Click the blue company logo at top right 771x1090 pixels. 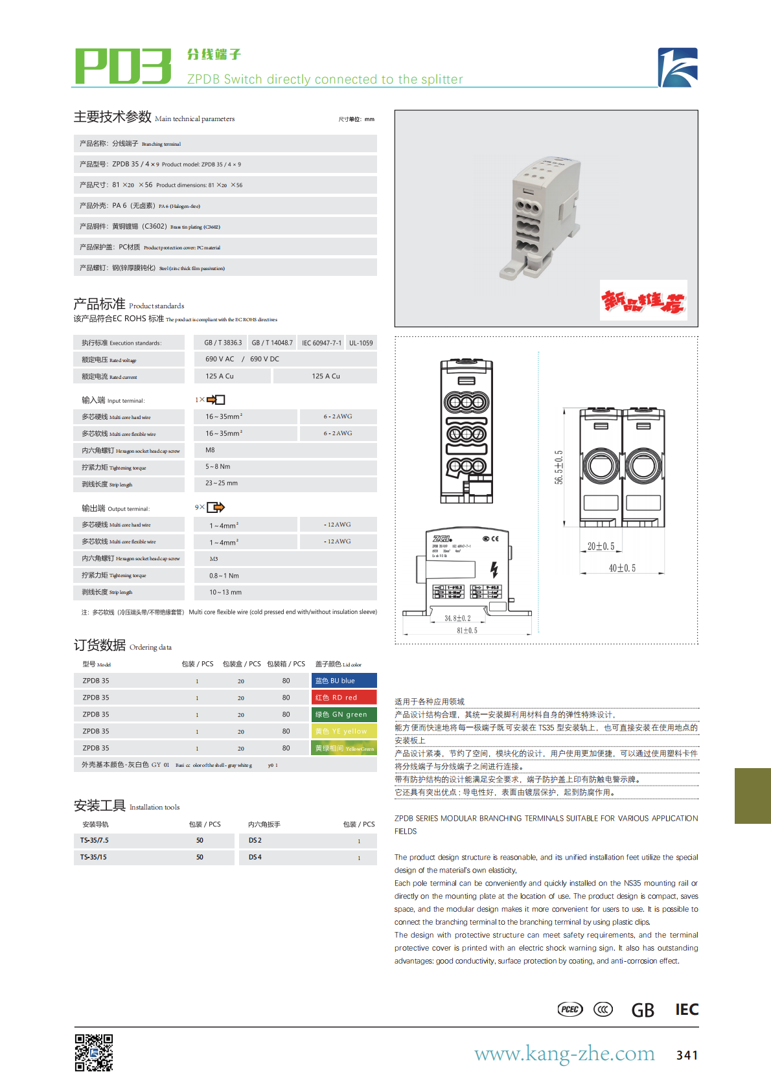pyautogui.click(x=678, y=67)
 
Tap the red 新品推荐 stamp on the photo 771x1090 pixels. pyautogui.click(x=643, y=301)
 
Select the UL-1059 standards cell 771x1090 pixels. pyautogui.click(x=361, y=343)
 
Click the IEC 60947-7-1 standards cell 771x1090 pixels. pyautogui.click(x=321, y=343)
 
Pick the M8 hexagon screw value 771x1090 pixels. pyautogui.click(x=211, y=450)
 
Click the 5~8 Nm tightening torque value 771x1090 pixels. pyautogui.click(x=218, y=466)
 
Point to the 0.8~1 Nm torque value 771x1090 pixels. pyautogui.click(x=224, y=575)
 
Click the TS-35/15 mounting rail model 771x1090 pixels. pyautogui.click(x=94, y=857)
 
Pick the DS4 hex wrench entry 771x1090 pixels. pyautogui.click(x=255, y=857)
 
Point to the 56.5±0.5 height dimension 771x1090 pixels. pyautogui.click(x=558, y=467)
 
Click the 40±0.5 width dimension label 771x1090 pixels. pyautogui.click(x=622, y=568)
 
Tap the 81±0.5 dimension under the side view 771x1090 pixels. pyautogui.click(x=467, y=630)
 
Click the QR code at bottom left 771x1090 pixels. pyautogui.click(x=94, y=1052)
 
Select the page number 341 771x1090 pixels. pyautogui.click(x=687, y=1055)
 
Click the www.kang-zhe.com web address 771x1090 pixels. pyautogui.click(x=564, y=1054)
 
